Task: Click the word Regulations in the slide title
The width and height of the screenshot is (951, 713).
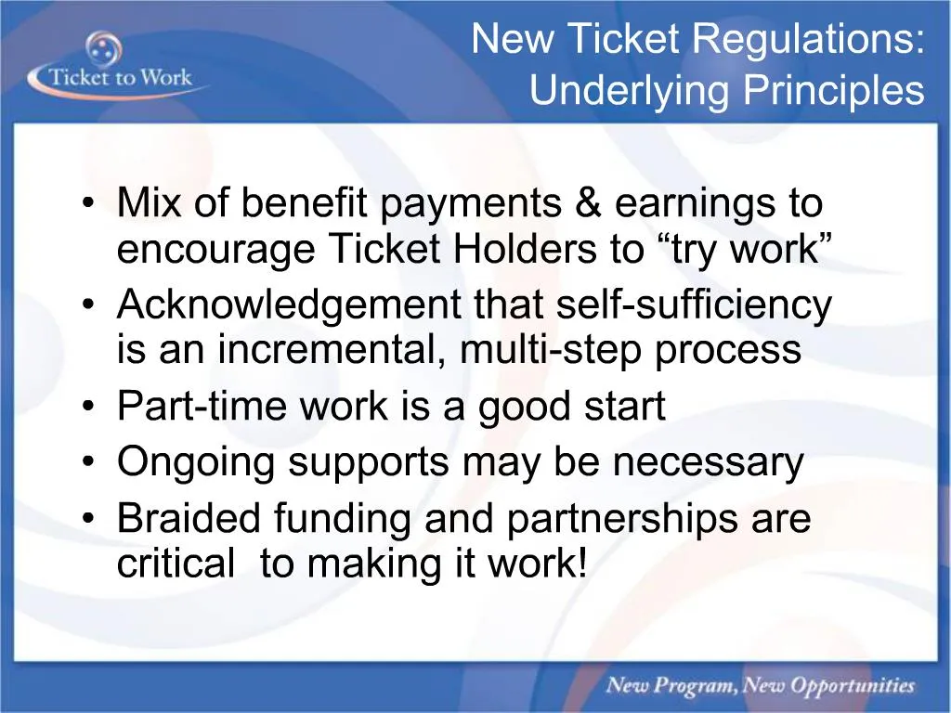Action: [x=808, y=41]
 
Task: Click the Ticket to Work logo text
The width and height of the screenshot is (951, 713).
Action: [x=119, y=76]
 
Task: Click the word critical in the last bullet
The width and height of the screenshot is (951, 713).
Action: [x=176, y=564]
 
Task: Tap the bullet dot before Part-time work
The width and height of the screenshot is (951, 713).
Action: [x=87, y=408]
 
